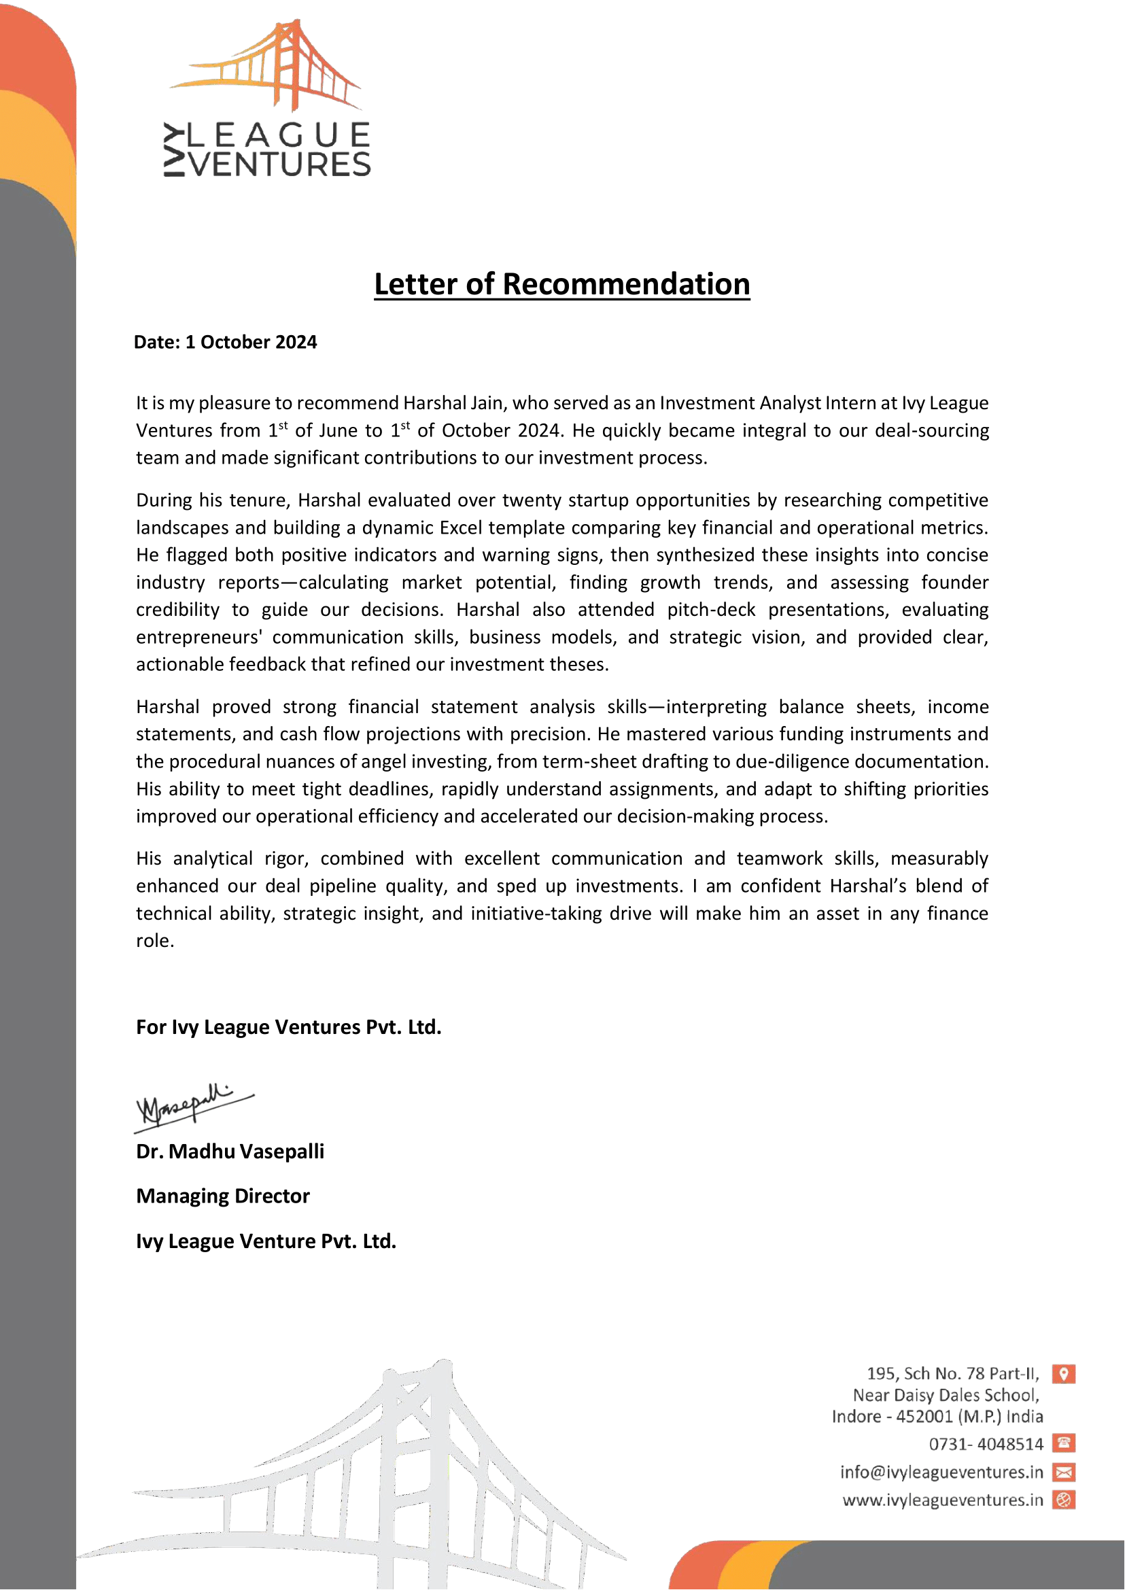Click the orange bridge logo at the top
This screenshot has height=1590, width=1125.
pyautogui.click(x=266, y=66)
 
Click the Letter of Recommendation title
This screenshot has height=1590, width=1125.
pyautogui.click(x=561, y=284)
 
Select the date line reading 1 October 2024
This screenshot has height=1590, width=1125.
pyautogui.click(x=225, y=342)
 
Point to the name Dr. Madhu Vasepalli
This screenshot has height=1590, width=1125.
pyautogui.click(x=230, y=1152)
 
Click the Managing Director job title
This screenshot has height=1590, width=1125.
pyautogui.click(x=223, y=1196)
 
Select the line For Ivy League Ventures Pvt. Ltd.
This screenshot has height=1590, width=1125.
pyautogui.click(x=288, y=1026)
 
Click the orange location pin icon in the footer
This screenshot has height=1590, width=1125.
pyautogui.click(x=1063, y=1373)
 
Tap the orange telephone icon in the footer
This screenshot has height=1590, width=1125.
pyautogui.click(x=1063, y=1443)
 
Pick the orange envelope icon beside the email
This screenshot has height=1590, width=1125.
pyautogui.click(x=1063, y=1472)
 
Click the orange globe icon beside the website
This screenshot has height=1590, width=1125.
pyautogui.click(x=1063, y=1500)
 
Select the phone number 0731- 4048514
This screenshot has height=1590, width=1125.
pyautogui.click(x=986, y=1444)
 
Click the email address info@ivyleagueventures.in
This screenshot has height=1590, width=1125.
pyautogui.click(x=941, y=1472)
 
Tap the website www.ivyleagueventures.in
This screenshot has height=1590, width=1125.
pyautogui.click(x=943, y=1500)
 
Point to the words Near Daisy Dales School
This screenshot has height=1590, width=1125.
pyautogui.click(x=946, y=1395)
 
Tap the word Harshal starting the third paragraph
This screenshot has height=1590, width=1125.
pyautogui.click(x=168, y=707)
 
